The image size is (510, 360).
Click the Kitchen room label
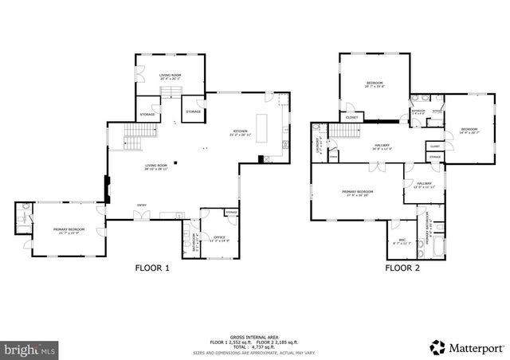point(239,132)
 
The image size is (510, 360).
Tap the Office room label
point(218,237)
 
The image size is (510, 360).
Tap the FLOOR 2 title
point(402,268)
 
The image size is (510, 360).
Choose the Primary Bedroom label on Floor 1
point(69,231)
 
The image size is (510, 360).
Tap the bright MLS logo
point(30,348)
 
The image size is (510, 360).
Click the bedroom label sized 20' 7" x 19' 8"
point(375,84)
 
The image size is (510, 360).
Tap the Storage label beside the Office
point(231,213)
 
